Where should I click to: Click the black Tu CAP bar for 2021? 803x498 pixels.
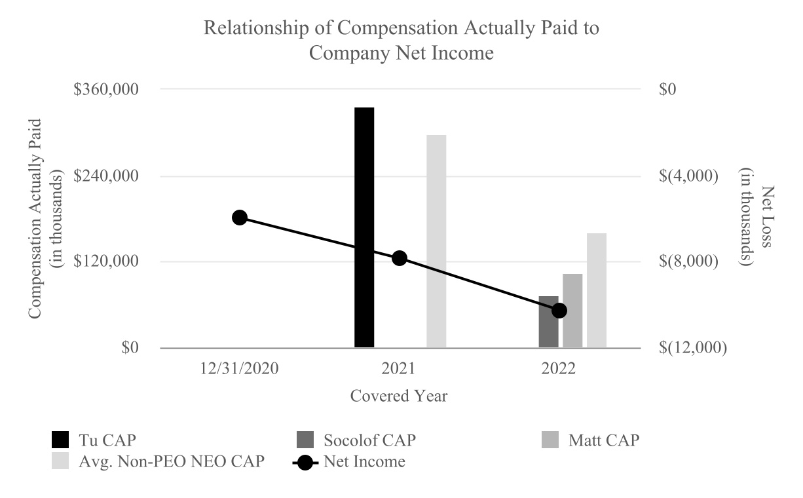pos(364,227)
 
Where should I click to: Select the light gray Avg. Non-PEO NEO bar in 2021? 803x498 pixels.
pos(436,241)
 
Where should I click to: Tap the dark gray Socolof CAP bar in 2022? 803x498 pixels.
pos(548,322)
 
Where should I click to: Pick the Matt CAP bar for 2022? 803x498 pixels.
pos(572,311)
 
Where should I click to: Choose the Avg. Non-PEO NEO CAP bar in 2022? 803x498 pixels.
pos(597,290)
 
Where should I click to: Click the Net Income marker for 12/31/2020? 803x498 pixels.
pos(240,218)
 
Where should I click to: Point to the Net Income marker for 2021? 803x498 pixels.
pos(400,258)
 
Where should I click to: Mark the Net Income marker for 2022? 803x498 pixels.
pos(559,310)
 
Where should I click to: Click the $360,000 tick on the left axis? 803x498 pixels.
pos(109,89)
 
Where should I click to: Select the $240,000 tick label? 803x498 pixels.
pos(109,176)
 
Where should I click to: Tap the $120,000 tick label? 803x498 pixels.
pos(109,261)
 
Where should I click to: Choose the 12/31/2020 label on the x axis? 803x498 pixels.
pos(240,368)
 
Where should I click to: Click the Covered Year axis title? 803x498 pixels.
pos(399,396)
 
